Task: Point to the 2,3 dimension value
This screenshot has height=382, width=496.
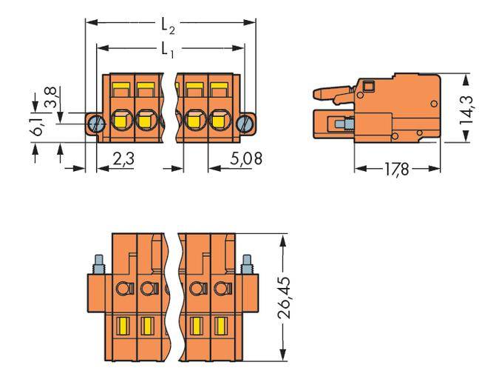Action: point(122,158)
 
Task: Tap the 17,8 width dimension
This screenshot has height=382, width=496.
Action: point(398,170)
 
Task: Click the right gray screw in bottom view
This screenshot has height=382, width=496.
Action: point(248,263)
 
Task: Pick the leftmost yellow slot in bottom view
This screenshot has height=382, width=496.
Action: point(123,324)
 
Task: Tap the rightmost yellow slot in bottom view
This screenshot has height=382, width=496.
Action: point(220,324)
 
